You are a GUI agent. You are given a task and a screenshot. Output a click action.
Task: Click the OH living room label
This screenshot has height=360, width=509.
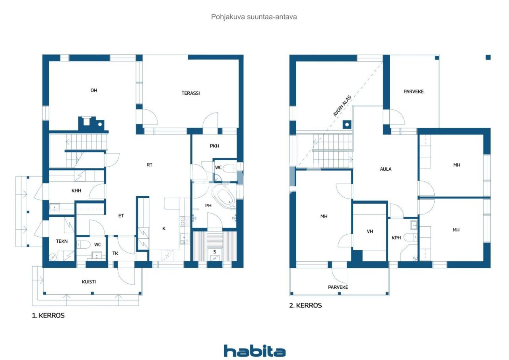pyautogui.click(x=94, y=90)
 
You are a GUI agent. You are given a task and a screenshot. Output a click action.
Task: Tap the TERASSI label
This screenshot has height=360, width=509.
pyautogui.click(x=190, y=93)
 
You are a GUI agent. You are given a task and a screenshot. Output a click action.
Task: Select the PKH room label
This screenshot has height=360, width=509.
pyautogui.click(x=214, y=146)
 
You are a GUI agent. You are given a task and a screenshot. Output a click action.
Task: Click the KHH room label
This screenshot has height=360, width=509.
pyautogui.click(x=76, y=191)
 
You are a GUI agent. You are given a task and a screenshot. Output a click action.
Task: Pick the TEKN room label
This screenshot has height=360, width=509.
pyautogui.click(x=62, y=241)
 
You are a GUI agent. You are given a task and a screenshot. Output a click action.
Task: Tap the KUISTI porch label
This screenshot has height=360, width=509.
pyautogui.click(x=89, y=282)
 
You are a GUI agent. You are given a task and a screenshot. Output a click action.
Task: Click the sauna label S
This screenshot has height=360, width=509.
pyautogui.click(x=215, y=252)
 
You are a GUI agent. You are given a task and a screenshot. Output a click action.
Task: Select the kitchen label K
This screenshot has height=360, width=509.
pyautogui.click(x=163, y=228)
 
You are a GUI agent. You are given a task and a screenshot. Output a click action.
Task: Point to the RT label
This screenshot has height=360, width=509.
pyautogui.click(x=150, y=165)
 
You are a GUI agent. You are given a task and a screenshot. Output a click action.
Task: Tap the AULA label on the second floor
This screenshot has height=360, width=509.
pyautogui.click(x=386, y=169)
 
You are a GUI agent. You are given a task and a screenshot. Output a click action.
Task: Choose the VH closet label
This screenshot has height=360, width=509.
pyautogui.click(x=370, y=231)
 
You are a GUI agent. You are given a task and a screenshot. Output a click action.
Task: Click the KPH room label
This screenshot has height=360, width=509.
pyautogui.click(x=396, y=238)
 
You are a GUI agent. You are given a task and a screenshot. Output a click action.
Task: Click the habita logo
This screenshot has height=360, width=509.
pyautogui.click(x=254, y=351)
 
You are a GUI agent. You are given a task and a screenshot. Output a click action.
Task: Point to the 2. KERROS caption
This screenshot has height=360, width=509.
pyautogui.click(x=305, y=306)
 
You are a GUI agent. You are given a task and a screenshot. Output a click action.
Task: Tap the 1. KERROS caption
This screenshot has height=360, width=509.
pyautogui.click(x=48, y=315)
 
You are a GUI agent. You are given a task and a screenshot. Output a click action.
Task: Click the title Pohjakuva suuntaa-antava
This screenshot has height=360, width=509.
pyautogui.click(x=254, y=17)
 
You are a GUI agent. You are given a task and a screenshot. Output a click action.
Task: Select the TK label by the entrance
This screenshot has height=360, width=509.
pyautogui.click(x=115, y=253)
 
